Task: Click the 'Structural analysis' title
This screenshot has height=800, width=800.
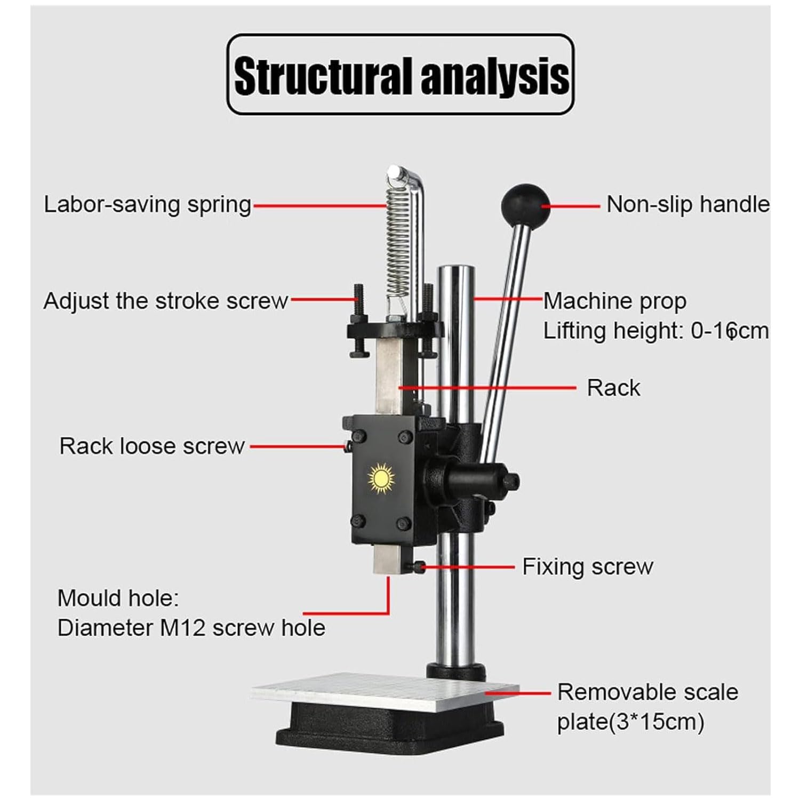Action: coord(402,75)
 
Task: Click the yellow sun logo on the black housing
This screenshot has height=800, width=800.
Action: coord(380,478)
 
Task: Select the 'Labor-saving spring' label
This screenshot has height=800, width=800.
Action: coord(147,205)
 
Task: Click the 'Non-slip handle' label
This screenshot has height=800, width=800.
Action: coord(688,204)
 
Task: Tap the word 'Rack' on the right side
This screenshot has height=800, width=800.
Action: coord(613,388)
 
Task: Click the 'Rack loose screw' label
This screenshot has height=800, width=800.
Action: coord(152,446)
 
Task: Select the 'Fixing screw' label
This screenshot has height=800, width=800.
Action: coord(587,566)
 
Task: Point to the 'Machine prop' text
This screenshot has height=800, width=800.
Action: coord(615,302)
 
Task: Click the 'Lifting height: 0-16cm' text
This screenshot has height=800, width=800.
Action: coord(656,331)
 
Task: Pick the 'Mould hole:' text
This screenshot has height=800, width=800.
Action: coord(118,598)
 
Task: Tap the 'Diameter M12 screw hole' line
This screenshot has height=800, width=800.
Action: coord(191,628)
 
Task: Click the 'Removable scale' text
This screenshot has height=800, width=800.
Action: coord(648,692)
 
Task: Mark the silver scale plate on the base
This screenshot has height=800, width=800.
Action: coord(384,692)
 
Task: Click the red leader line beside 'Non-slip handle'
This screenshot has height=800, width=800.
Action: coord(574,205)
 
